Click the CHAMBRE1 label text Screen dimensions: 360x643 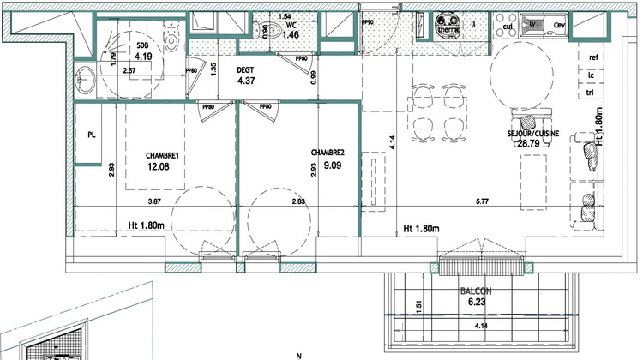tap(160, 156)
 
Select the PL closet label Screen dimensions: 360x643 tap(91, 135)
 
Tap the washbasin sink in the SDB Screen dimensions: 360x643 tap(84, 79)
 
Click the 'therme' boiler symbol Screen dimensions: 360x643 tap(448, 26)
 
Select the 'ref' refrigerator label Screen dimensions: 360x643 tap(592, 57)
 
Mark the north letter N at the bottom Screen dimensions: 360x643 tap(299, 355)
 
